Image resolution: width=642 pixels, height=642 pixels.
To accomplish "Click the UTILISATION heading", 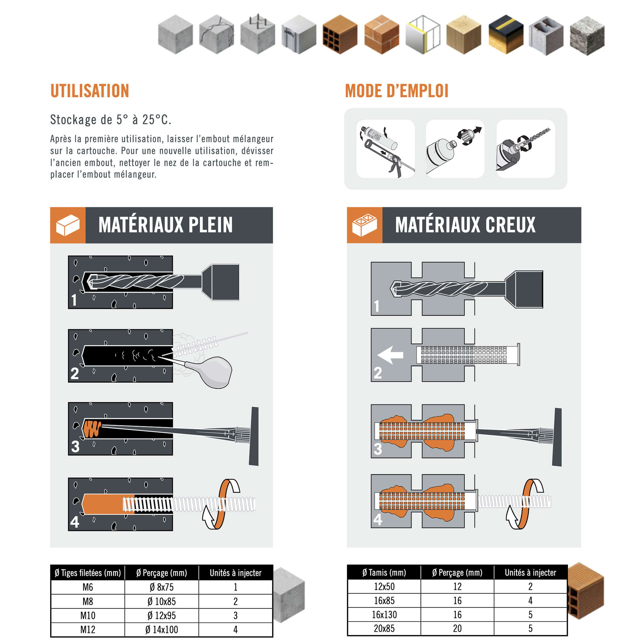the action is [x=90, y=91].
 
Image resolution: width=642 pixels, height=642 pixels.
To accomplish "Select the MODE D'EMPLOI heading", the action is [x=397, y=91].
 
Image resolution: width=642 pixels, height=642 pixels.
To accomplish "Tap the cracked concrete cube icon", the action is [x=216, y=35].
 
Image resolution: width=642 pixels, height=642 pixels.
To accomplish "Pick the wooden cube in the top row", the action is [x=464, y=35].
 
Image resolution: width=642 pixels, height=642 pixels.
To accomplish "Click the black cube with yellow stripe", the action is [x=506, y=35].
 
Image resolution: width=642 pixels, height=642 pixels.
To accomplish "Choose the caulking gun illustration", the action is [x=386, y=149].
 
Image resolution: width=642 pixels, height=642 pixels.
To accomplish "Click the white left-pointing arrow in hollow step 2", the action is [x=390, y=355].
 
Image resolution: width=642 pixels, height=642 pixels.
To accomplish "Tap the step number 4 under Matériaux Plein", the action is [x=75, y=522].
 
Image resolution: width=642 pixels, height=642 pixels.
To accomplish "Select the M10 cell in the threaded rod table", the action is [x=88, y=615].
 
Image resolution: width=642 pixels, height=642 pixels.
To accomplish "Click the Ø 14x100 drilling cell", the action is [x=161, y=629].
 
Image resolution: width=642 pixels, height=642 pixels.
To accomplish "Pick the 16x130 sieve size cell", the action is [x=384, y=614].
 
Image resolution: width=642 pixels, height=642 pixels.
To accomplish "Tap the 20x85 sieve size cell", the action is [x=384, y=629].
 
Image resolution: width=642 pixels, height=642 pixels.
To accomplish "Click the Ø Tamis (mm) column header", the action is [x=384, y=573].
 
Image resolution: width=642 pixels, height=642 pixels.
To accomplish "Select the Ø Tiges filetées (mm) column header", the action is [x=88, y=573].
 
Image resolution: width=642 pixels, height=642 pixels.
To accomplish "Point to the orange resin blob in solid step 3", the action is [x=92, y=429].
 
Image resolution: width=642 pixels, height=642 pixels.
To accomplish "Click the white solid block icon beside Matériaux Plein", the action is [x=68, y=225].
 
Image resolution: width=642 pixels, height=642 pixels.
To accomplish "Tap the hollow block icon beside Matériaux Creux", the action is [x=365, y=225].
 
